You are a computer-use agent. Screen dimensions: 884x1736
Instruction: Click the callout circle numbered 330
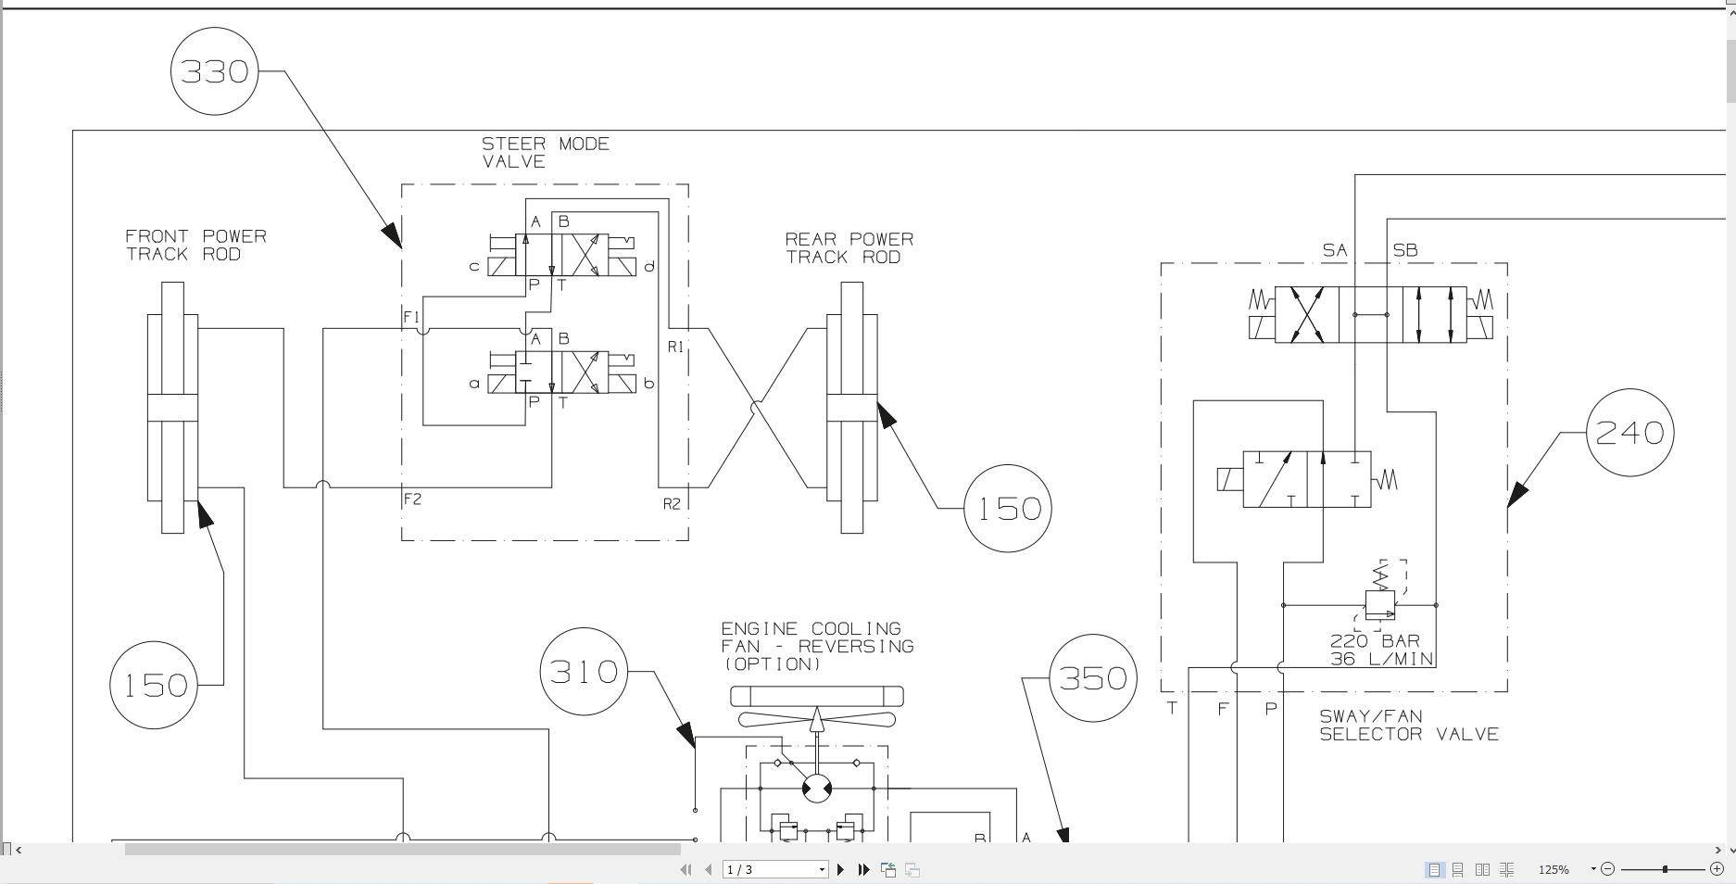pyautogui.click(x=215, y=71)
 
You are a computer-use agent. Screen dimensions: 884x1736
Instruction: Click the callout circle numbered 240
pyautogui.click(x=1629, y=433)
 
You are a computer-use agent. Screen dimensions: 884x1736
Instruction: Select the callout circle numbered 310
pyautogui.click(x=584, y=672)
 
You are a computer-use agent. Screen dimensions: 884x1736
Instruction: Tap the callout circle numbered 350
pyautogui.click(x=1093, y=678)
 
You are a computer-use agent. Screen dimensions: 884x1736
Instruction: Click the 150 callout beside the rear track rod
pyautogui.click(x=1008, y=509)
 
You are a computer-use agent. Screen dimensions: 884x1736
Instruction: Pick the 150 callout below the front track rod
pyautogui.click(x=154, y=686)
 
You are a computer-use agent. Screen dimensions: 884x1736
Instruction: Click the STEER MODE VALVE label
pyautogui.click(x=545, y=153)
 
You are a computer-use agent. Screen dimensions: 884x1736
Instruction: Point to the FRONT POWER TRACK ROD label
pyautogui.click(x=195, y=246)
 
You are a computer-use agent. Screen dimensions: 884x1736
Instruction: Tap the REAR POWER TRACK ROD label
pyautogui.click(x=849, y=248)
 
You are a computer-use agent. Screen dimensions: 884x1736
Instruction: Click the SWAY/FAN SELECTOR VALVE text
pyautogui.click(x=1408, y=726)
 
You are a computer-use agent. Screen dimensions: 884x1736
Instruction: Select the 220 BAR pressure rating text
pyautogui.click(x=1375, y=641)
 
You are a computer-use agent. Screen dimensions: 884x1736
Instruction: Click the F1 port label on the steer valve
pyautogui.click(x=411, y=317)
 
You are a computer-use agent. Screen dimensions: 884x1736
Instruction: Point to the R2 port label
pyautogui.click(x=672, y=504)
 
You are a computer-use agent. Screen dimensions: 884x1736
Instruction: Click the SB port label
pyautogui.click(x=1404, y=250)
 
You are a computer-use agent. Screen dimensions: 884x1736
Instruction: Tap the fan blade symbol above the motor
pyautogui.click(x=817, y=718)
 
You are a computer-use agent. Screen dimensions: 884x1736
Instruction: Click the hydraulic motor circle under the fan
pyautogui.click(x=817, y=789)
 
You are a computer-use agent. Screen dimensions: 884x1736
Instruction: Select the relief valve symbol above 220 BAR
pyautogui.click(x=1380, y=603)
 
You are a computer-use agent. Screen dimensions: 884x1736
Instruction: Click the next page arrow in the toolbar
pyautogui.click(x=840, y=869)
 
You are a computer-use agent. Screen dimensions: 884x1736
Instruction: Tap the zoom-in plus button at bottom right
pyautogui.click(x=1716, y=868)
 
